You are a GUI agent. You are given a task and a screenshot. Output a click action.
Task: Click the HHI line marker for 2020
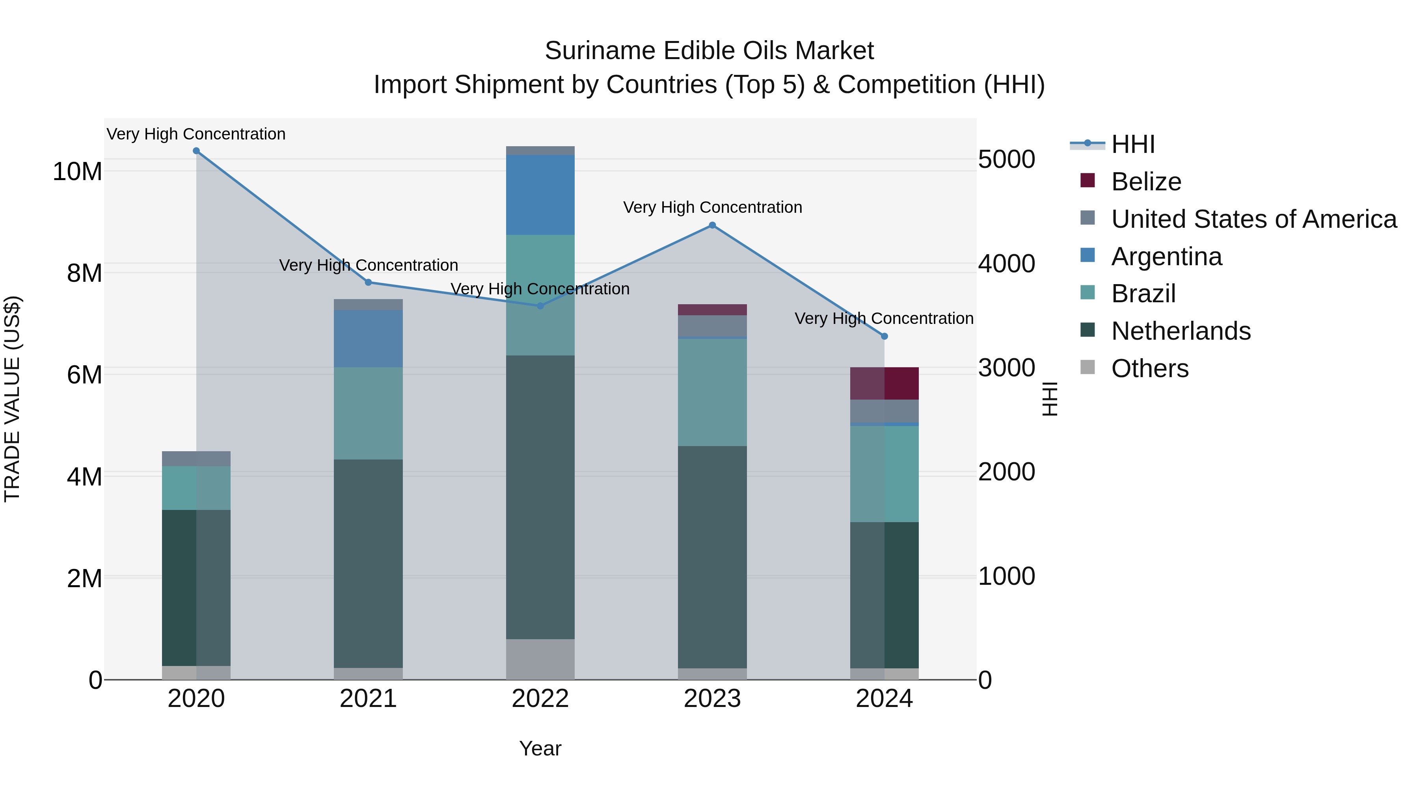click(196, 151)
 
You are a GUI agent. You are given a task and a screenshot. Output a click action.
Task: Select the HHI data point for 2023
click(712, 225)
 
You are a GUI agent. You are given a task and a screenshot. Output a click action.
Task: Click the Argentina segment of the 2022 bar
click(540, 195)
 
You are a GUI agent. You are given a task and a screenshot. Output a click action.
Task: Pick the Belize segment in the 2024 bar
click(884, 383)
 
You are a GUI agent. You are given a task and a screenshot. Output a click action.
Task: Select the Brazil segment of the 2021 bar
click(368, 413)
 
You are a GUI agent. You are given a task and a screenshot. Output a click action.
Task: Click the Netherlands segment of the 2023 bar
click(712, 556)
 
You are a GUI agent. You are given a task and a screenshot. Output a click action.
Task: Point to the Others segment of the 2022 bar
click(540, 659)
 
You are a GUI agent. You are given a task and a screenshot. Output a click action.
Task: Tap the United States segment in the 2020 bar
click(196, 459)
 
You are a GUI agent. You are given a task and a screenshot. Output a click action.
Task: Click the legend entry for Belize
click(1146, 182)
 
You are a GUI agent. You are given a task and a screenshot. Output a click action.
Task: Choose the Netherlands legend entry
click(1181, 331)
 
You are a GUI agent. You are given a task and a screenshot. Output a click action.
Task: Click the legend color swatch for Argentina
click(1088, 255)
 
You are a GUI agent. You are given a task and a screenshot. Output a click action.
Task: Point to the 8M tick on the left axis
click(84, 273)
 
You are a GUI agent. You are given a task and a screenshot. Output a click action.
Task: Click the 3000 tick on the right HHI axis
click(1006, 368)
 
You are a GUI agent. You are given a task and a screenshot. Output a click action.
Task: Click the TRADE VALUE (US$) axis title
click(12, 399)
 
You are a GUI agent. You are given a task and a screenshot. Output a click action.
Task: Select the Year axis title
click(540, 748)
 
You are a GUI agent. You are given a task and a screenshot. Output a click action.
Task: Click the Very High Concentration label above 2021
click(368, 266)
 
